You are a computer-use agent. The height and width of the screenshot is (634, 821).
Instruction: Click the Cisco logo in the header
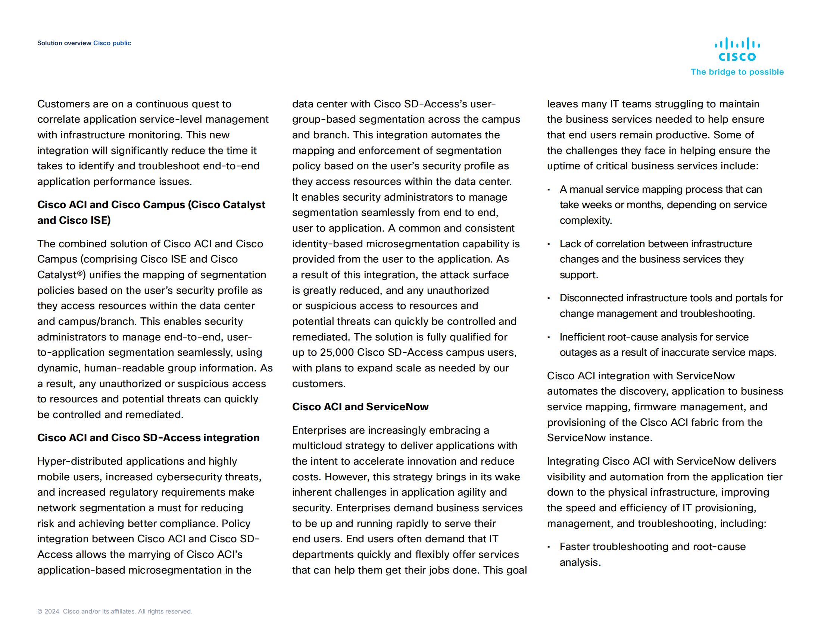(737, 50)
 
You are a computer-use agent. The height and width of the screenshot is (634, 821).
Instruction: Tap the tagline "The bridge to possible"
(737, 72)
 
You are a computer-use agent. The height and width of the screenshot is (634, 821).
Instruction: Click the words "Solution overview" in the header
(64, 43)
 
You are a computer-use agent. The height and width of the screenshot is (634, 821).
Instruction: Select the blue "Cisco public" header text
(112, 43)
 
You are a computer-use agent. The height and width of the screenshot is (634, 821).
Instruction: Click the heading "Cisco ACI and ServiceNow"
(360, 407)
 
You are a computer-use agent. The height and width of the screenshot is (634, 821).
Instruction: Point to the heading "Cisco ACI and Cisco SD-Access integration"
(148, 438)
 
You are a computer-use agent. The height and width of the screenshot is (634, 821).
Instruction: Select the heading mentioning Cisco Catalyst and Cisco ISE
(151, 212)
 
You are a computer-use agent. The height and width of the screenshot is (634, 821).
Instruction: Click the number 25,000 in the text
(337, 353)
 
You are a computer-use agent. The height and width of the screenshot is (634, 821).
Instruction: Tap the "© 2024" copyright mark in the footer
(48, 612)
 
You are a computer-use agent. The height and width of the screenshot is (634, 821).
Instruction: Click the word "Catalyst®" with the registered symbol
(61, 275)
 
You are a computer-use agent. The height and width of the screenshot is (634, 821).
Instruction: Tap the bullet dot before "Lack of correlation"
(549, 244)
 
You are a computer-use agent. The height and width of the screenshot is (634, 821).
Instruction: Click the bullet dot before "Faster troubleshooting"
(549, 547)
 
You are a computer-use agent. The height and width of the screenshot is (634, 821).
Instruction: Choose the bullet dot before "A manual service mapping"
(549, 190)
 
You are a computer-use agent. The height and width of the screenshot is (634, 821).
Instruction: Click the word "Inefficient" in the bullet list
(581, 337)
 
